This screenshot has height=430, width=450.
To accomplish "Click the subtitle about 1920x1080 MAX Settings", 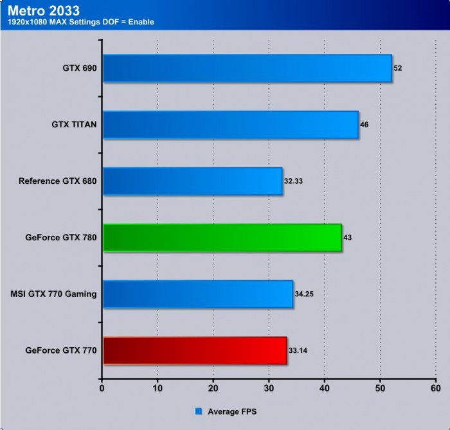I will click(x=80, y=22).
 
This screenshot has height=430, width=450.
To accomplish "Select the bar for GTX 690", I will click(x=247, y=68).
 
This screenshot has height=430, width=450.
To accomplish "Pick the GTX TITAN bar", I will click(x=230, y=125).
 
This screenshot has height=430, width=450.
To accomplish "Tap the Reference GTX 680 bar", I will click(x=192, y=181).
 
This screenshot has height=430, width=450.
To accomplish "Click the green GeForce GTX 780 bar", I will click(x=222, y=238).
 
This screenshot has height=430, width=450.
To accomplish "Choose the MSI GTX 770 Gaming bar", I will click(x=197, y=294).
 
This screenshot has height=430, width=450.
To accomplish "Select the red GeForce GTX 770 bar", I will click(x=194, y=351).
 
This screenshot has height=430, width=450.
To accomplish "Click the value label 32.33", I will click(x=293, y=181).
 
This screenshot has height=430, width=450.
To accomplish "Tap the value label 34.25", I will click(x=304, y=294).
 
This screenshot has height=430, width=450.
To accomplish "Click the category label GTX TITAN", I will click(x=74, y=125).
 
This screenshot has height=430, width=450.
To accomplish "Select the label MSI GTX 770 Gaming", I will click(x=53, y=294).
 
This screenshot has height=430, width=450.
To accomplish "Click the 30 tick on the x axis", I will click(x=269, y=388).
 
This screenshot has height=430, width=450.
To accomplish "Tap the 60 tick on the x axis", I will click(x=435, y=388).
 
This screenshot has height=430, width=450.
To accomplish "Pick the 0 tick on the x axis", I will click(x=102, y=388).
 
